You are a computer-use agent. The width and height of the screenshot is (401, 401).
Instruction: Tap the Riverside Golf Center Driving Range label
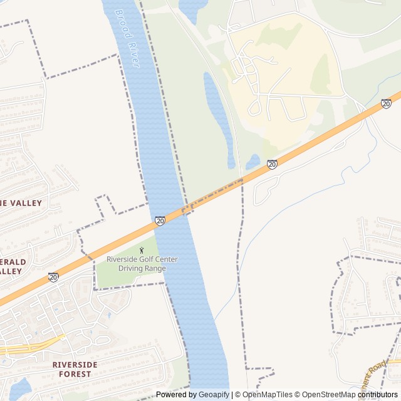click(142, 264)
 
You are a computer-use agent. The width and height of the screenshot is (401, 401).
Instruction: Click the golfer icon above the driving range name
click(142, 251)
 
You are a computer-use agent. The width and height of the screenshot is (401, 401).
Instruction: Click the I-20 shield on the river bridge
click(160, 221)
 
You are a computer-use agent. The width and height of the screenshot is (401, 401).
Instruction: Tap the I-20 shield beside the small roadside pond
click(272, 164)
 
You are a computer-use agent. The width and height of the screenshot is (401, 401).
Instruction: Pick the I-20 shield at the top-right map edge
click(386, 103)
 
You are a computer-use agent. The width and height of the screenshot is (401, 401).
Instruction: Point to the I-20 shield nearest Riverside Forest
click(53, 276)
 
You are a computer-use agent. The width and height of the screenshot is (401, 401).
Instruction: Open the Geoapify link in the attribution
click(214, 395)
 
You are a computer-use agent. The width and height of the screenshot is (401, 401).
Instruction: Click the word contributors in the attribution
click(378, 395)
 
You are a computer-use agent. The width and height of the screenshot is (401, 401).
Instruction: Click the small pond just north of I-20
click(253, 162)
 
